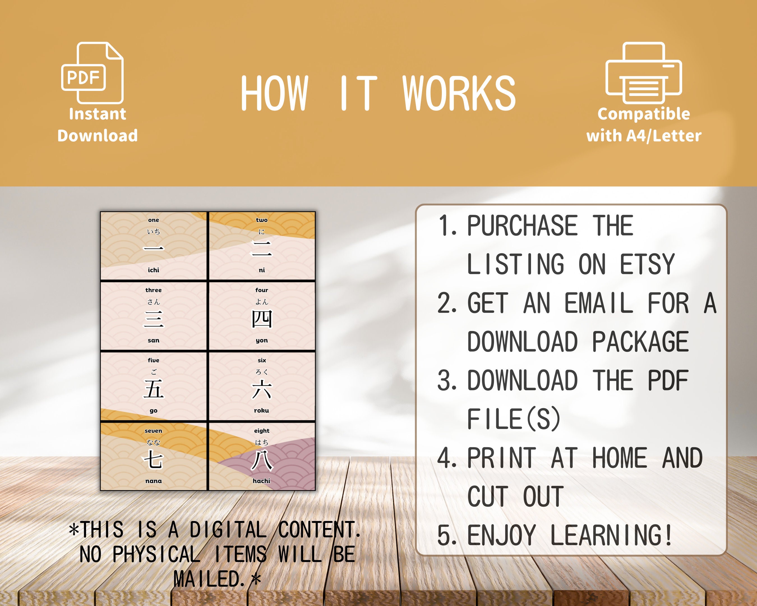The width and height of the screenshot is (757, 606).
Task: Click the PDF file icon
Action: click(x=92, y=73)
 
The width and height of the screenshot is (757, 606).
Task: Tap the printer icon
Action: click(x=644, y=73)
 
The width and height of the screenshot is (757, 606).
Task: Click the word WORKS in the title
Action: click(x=459, y=93)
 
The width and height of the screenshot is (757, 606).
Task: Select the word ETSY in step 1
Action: click(x=647, y=264)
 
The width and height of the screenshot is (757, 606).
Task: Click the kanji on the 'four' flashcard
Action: click(x=262, y=319)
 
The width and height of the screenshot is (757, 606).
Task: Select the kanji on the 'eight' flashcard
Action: click(x=262, y=460)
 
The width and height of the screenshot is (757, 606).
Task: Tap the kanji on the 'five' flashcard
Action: click(x=153, y=389)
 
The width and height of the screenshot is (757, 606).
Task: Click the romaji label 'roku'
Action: click(x=262, y=410)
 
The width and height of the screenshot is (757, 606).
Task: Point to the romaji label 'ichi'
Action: click(x=153, y=270)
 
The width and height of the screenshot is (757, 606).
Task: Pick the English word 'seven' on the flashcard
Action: click(x=153, y=431)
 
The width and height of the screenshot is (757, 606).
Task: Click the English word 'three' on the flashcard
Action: click(x=153, y=290)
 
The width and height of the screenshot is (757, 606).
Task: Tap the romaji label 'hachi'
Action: click(x=262, y=481)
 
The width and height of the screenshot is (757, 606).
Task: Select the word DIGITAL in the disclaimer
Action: click(x=228, y=530)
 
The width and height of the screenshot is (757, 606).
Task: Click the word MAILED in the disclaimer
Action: click(x=209, y=579)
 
